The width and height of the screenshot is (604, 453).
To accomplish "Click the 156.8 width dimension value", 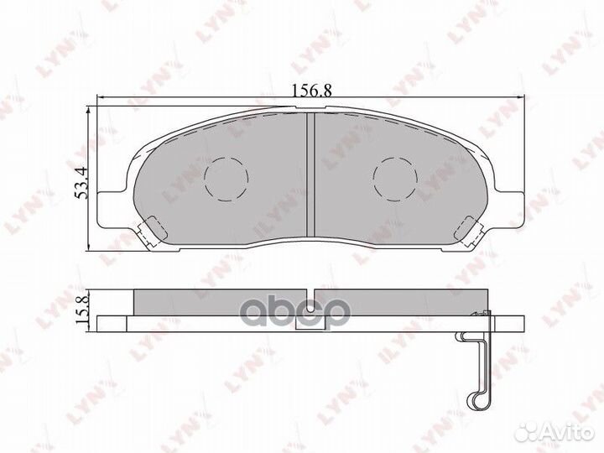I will click(x=310, y=91).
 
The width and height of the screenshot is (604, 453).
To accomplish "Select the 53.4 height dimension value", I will click(x=82, y=182).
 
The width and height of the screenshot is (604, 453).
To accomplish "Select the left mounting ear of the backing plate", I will click(x=112, y=207).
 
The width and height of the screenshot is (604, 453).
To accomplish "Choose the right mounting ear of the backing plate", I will click(x=508, y=207).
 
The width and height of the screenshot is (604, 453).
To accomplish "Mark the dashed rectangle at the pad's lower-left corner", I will click(x=154, y=226).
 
